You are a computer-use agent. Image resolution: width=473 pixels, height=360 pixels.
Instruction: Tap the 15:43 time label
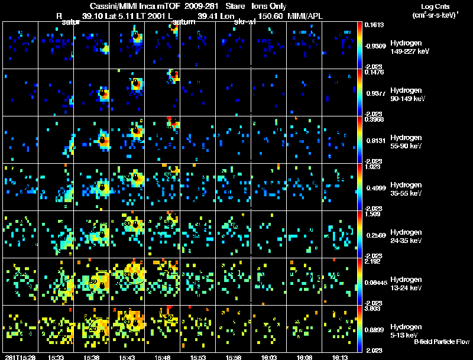click(x=127, y=356)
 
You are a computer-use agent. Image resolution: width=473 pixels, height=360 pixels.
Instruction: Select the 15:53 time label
click(x=197, y=356)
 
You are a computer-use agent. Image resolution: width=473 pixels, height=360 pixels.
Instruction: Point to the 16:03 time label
click(x=268, y=356)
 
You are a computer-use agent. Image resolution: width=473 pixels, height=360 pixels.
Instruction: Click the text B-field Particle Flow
click(x=442, y=342)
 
